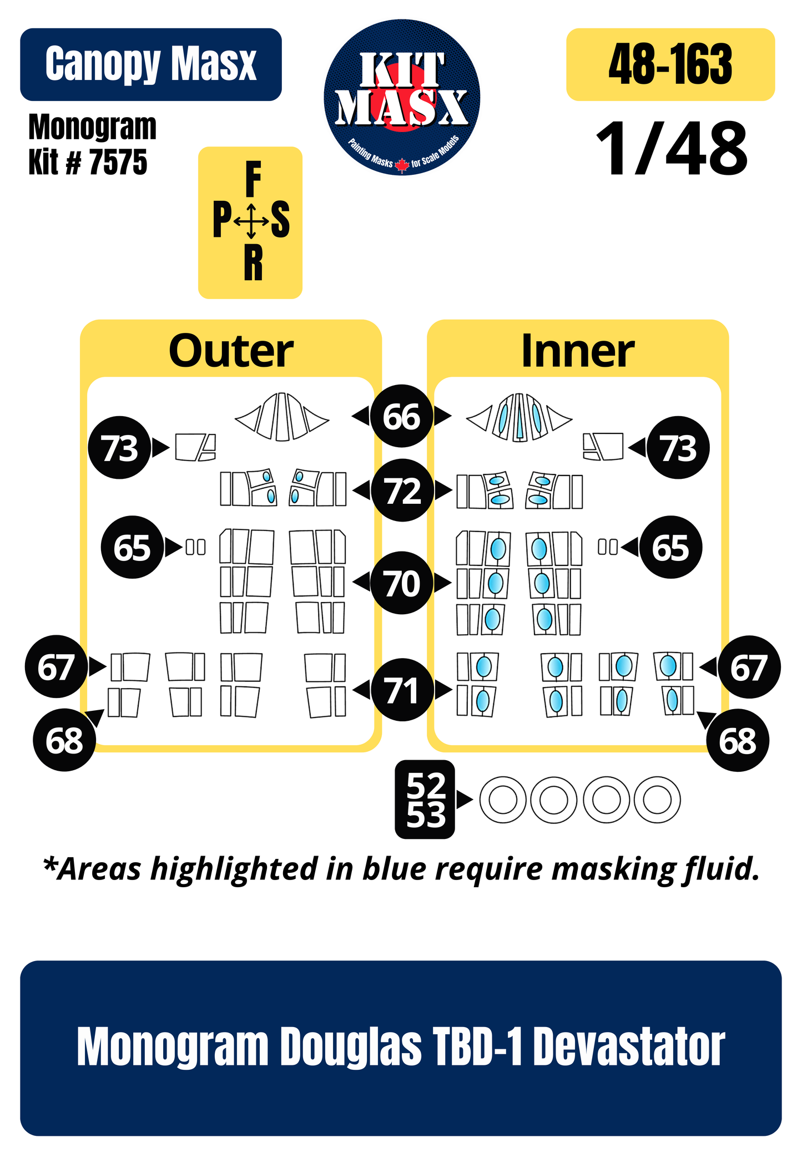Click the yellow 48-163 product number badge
pos(670,64)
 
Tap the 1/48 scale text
pos(672,149)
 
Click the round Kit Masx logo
pos(402,98)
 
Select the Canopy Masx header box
pos(151,64)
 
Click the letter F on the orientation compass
pos(253,179)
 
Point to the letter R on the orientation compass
pos(253,263)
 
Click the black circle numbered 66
pos(402,416)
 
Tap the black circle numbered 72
pos(402,490)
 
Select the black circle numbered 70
pos(402,583)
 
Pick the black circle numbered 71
pos(402,690)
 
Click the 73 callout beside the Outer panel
pos(120,447)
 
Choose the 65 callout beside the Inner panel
pos(670,548)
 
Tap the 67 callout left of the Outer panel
pos(56,666)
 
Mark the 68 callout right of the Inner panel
pos(738,740)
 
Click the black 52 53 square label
pos(425,800)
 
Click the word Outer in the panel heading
pos(231,351)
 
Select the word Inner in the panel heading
pos(578,351)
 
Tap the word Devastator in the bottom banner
pos(629,1047)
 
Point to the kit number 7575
pos(118,163)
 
